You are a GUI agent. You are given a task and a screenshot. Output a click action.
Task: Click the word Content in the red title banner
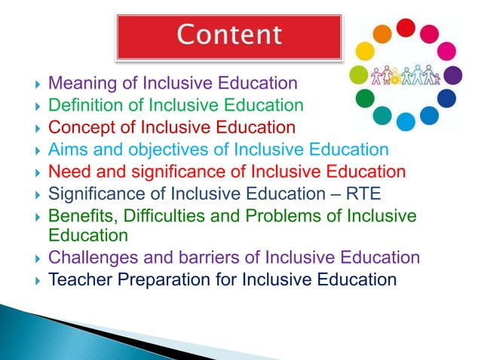pyautogui.click(x=229, y=35)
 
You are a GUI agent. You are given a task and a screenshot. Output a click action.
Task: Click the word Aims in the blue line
pyautogui.click(x=66, y=149)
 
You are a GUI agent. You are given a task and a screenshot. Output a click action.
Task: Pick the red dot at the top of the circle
pyautogui.click(x=406, y=27)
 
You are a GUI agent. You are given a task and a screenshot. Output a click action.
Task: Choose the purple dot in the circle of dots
pyautogui.click(x=452, y=75)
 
